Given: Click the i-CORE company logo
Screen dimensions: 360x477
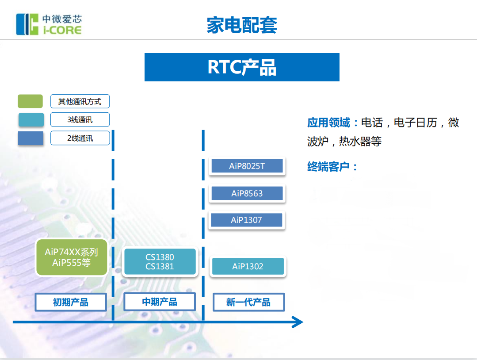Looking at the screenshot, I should pyautogui.click(x=49, y=24).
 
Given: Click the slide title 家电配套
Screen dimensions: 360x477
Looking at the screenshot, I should pyautogui.click(x=241, y=25).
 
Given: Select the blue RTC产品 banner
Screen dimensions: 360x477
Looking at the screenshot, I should pyautogui.click(x=242, y=67).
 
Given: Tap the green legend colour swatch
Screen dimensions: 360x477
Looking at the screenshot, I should pyautogui.click(x=30, y=101).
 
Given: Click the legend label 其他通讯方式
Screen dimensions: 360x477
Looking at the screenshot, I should pyautogui.click(x=80, y=101).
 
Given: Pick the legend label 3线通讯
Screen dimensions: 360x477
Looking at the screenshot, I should pyautogui.click(x=80, y=119).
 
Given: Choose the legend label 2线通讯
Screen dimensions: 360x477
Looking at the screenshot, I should pyautogui.click(x=80, y=138).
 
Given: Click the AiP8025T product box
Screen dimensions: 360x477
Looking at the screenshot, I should pyautogui.click(x=247, y=166).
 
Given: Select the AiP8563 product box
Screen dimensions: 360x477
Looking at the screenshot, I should pyautogui.click(x=247, y=193).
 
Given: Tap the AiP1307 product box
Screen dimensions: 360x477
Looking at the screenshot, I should pyautogui.click(x=246, y=220).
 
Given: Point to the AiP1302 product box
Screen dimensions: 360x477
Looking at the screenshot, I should pyautogui.click(x=248, y=266).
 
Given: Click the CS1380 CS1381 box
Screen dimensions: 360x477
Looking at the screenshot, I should pyautogui.click(x=160, y=262).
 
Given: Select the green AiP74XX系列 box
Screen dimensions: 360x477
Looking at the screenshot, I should pyautogui.click(x=71, y=257).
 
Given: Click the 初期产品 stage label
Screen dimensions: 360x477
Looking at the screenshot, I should pyautogui.click(x=71, y=303).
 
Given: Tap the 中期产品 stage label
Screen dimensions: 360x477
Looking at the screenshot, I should pyautogui.click(x=160, y=302).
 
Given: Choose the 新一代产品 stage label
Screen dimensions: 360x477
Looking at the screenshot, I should pyautogui.click(x=248, y=303).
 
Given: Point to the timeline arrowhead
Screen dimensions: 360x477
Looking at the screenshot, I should pyautogui.click(x=298, y=322).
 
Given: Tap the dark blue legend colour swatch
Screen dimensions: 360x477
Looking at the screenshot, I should pyautogui.click(x=31, y=138).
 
